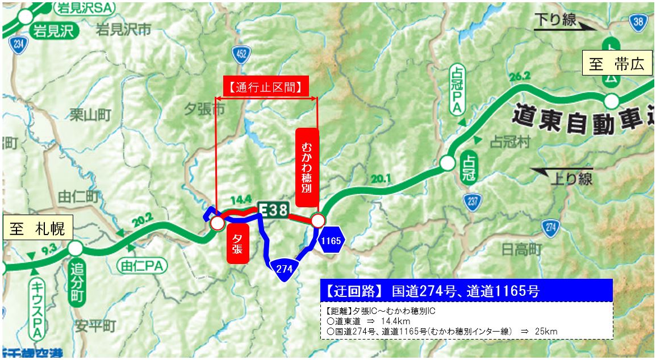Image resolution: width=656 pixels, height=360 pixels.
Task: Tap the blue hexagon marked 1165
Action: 331,241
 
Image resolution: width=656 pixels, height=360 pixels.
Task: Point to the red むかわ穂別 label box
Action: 307,168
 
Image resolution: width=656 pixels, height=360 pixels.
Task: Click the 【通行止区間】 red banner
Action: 265,87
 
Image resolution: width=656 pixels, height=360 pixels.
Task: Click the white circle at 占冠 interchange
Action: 448,164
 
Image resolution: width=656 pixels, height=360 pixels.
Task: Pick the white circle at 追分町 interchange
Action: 75,248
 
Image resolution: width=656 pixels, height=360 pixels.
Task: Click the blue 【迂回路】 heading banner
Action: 466,290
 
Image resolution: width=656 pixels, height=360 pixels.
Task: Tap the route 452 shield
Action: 241,54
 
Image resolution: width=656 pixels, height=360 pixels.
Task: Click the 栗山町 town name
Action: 90,115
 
